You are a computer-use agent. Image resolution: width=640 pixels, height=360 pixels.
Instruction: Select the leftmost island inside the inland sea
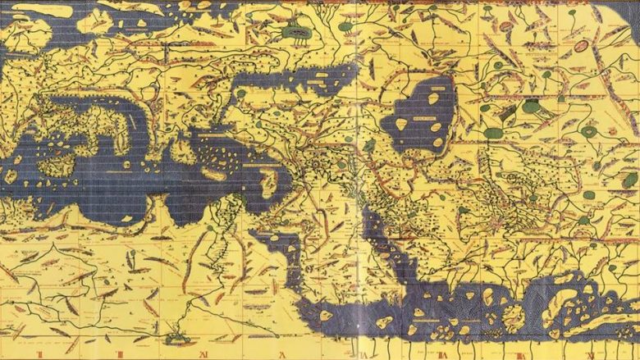point(401,124)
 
